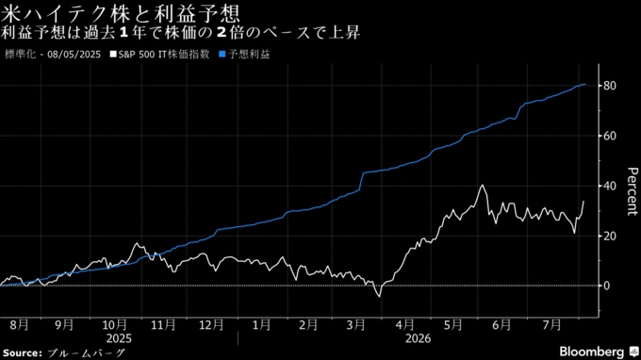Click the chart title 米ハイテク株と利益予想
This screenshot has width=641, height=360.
(121, 13)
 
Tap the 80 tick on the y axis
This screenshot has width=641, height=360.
(609, 86)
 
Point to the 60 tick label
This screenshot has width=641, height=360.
(609, 136)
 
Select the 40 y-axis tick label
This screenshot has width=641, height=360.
(609, 186)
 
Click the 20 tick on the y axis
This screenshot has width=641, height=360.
(609, 237)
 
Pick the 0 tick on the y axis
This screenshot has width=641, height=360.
(606, 286)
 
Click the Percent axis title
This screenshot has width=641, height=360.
(632, 190)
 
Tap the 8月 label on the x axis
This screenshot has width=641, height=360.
(19, 325)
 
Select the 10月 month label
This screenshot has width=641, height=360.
(114, 325)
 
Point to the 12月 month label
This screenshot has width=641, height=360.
(211, 325)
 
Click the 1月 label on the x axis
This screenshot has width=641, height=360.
(261, 325)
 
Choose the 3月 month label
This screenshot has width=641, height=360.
(355, 325)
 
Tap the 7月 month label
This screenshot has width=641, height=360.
(551, 325)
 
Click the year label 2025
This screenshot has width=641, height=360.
(119, 338)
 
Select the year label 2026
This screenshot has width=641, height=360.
(418, 338)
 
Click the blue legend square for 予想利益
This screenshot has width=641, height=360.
(222, 54)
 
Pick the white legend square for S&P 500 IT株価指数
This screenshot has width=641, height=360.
(113, 54)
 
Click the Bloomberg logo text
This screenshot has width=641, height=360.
(592, 352)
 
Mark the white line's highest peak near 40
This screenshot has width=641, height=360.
(483, 186)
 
